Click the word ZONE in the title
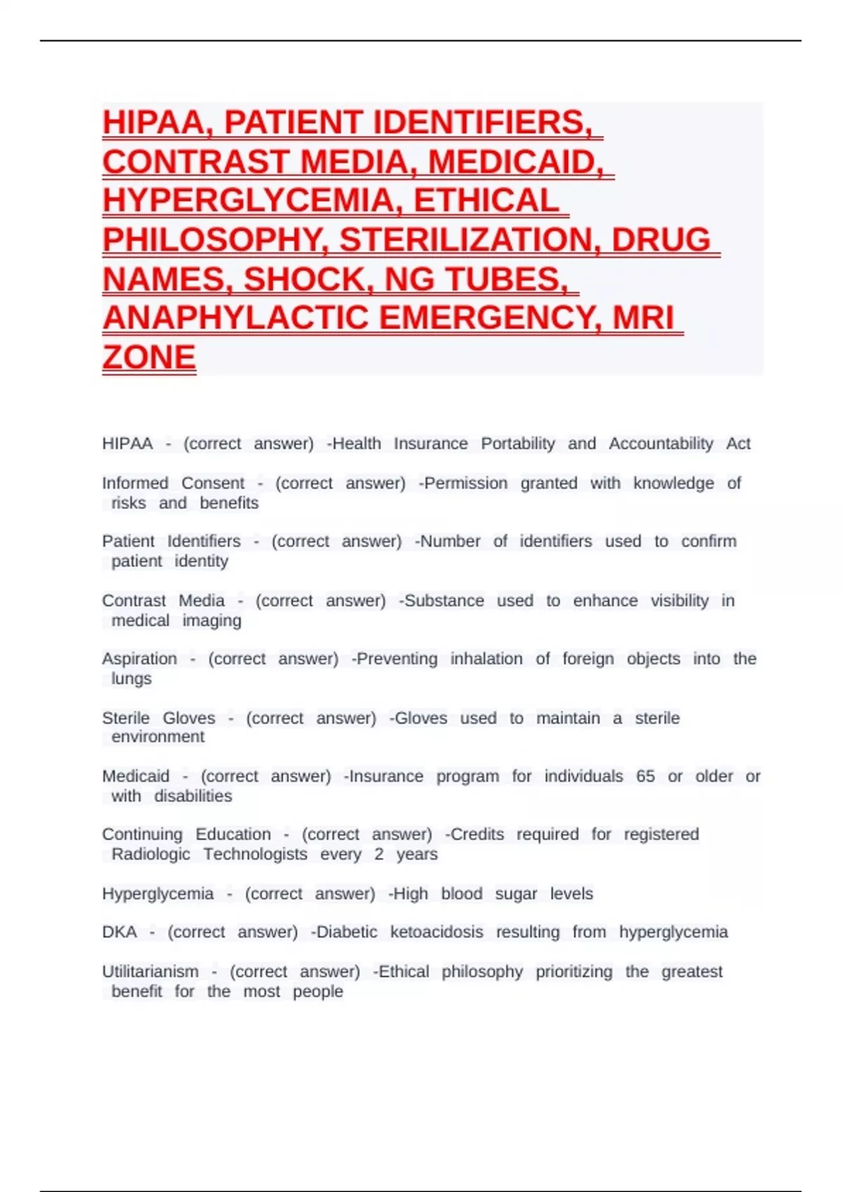point(149,358)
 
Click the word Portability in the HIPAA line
point(517,444)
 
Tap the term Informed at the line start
point(135,484)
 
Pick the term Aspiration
point(139,659)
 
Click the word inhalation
point(486,659)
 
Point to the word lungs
point(131,679)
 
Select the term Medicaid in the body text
point(135,777)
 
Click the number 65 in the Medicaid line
point(645,777)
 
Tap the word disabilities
point(193,797)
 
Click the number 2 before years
point(379,855)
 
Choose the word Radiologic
point(151,855)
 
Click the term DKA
point(119,933)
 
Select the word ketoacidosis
point(436,933)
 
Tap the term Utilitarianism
point(150,972)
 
